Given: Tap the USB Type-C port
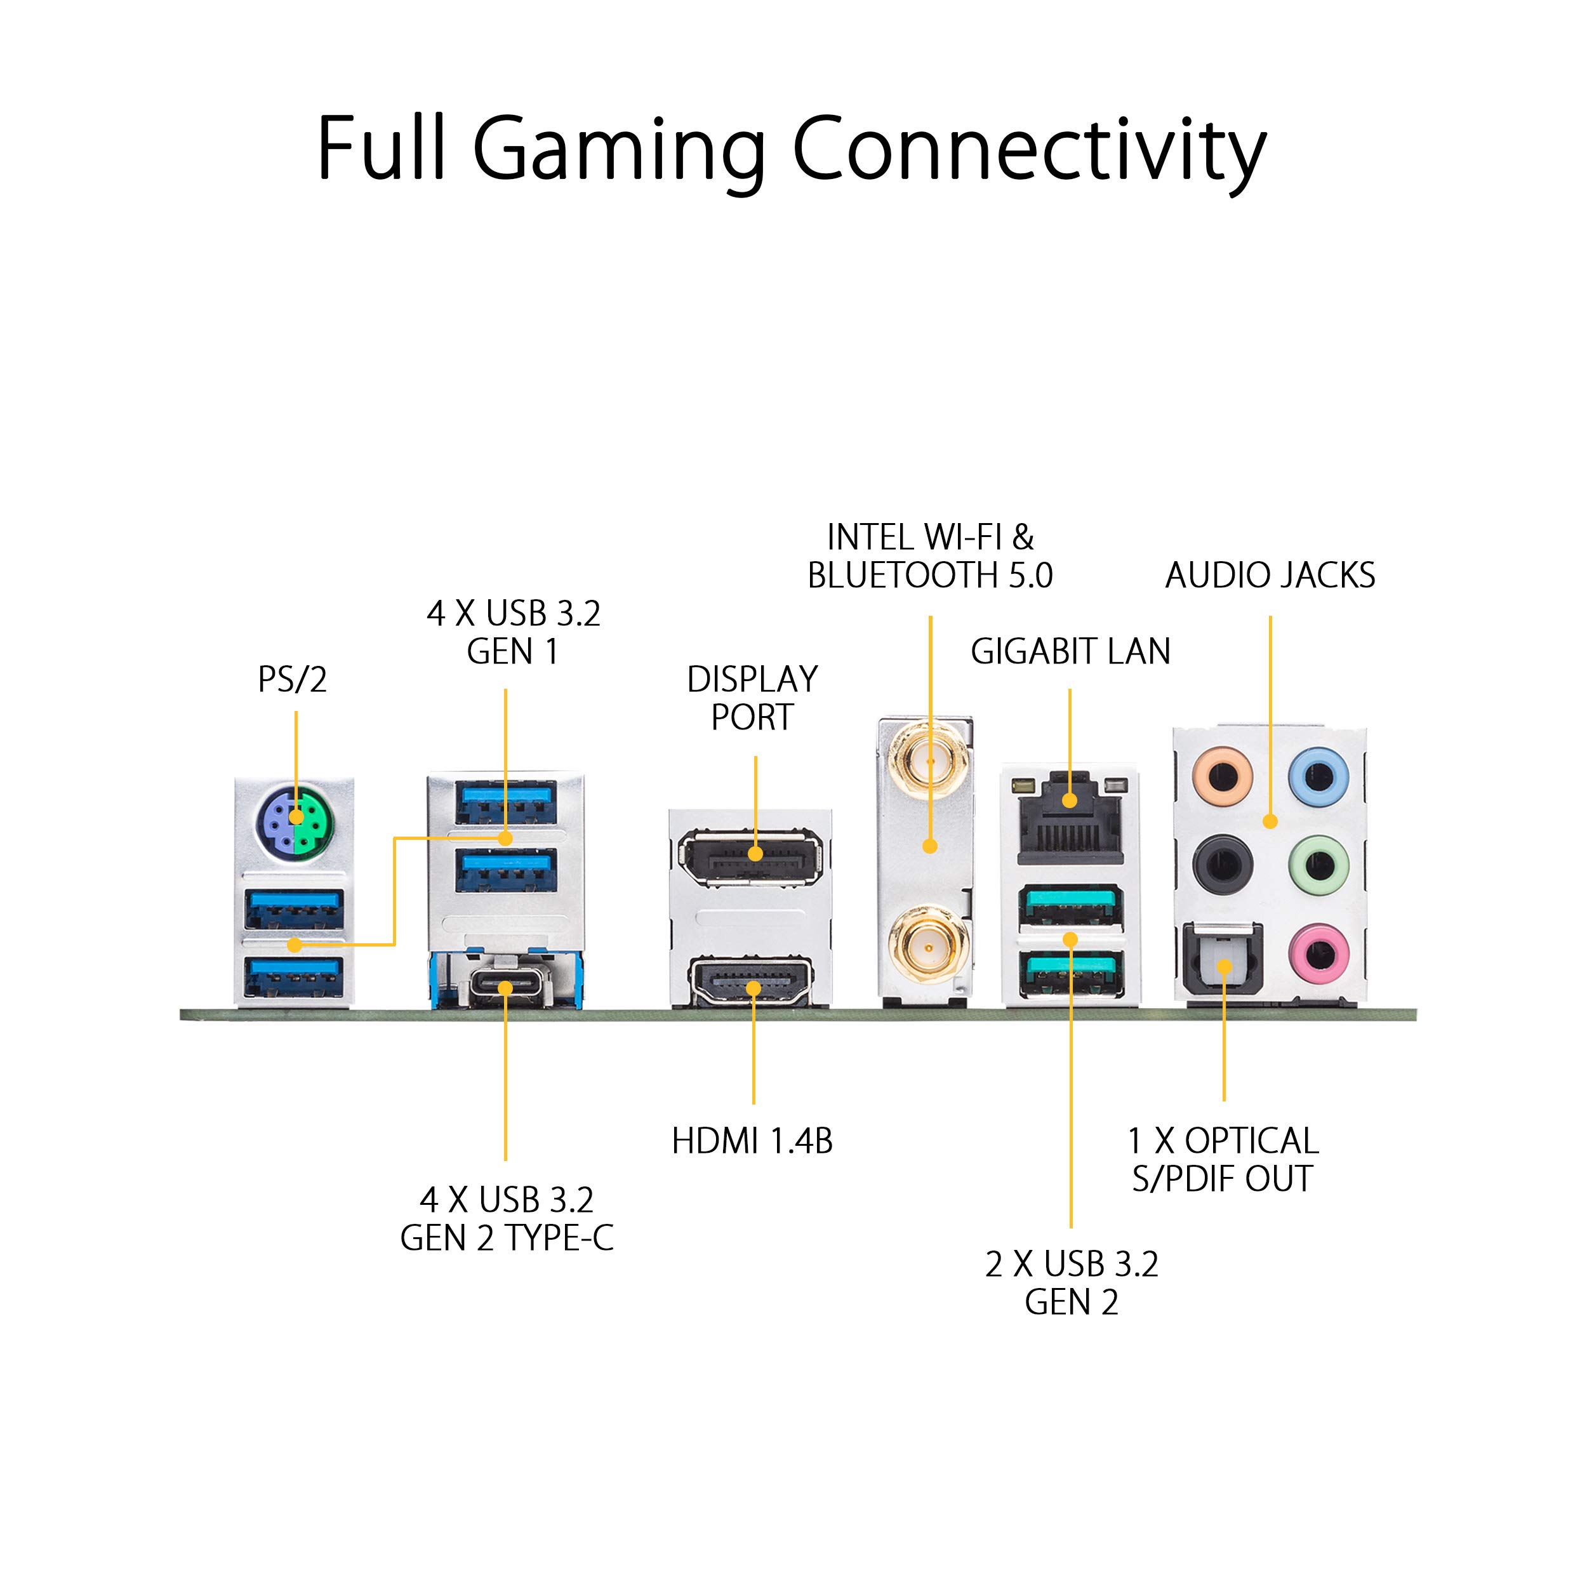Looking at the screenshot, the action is click(x=505, y=986).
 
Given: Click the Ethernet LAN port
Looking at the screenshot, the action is click(x=1070, y=818).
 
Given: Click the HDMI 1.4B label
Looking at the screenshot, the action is click(x=752, y=1141).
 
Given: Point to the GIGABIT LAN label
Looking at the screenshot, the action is click(x=1070, y=651).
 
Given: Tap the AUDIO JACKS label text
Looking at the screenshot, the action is click(x=1270, y=575).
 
